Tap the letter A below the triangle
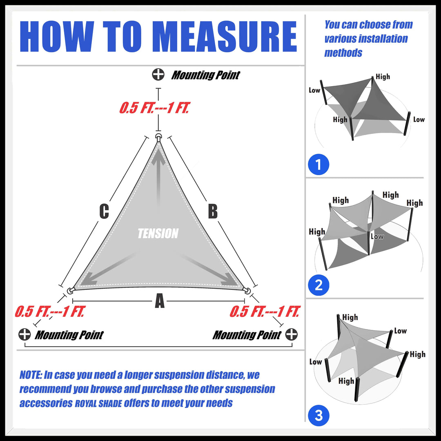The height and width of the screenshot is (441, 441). coord(160,302)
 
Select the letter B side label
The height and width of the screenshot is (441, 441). coord(212,212)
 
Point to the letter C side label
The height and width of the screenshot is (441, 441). coord(105,212)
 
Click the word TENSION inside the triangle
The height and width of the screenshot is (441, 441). coord(158,234)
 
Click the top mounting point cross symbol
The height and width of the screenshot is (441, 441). coord(158,75)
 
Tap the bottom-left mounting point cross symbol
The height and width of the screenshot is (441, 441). coord(24,334)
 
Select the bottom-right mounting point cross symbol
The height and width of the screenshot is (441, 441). coord(291,334)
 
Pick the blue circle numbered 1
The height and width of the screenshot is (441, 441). coord(318,165)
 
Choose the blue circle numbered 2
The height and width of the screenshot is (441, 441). coord(318,285)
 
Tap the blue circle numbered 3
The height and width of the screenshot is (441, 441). coord(318,416)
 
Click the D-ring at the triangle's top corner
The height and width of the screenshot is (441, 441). coord(158,137)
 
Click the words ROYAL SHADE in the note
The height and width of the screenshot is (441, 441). coord(98,404)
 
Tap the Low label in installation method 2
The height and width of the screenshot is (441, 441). coord(377,236)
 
